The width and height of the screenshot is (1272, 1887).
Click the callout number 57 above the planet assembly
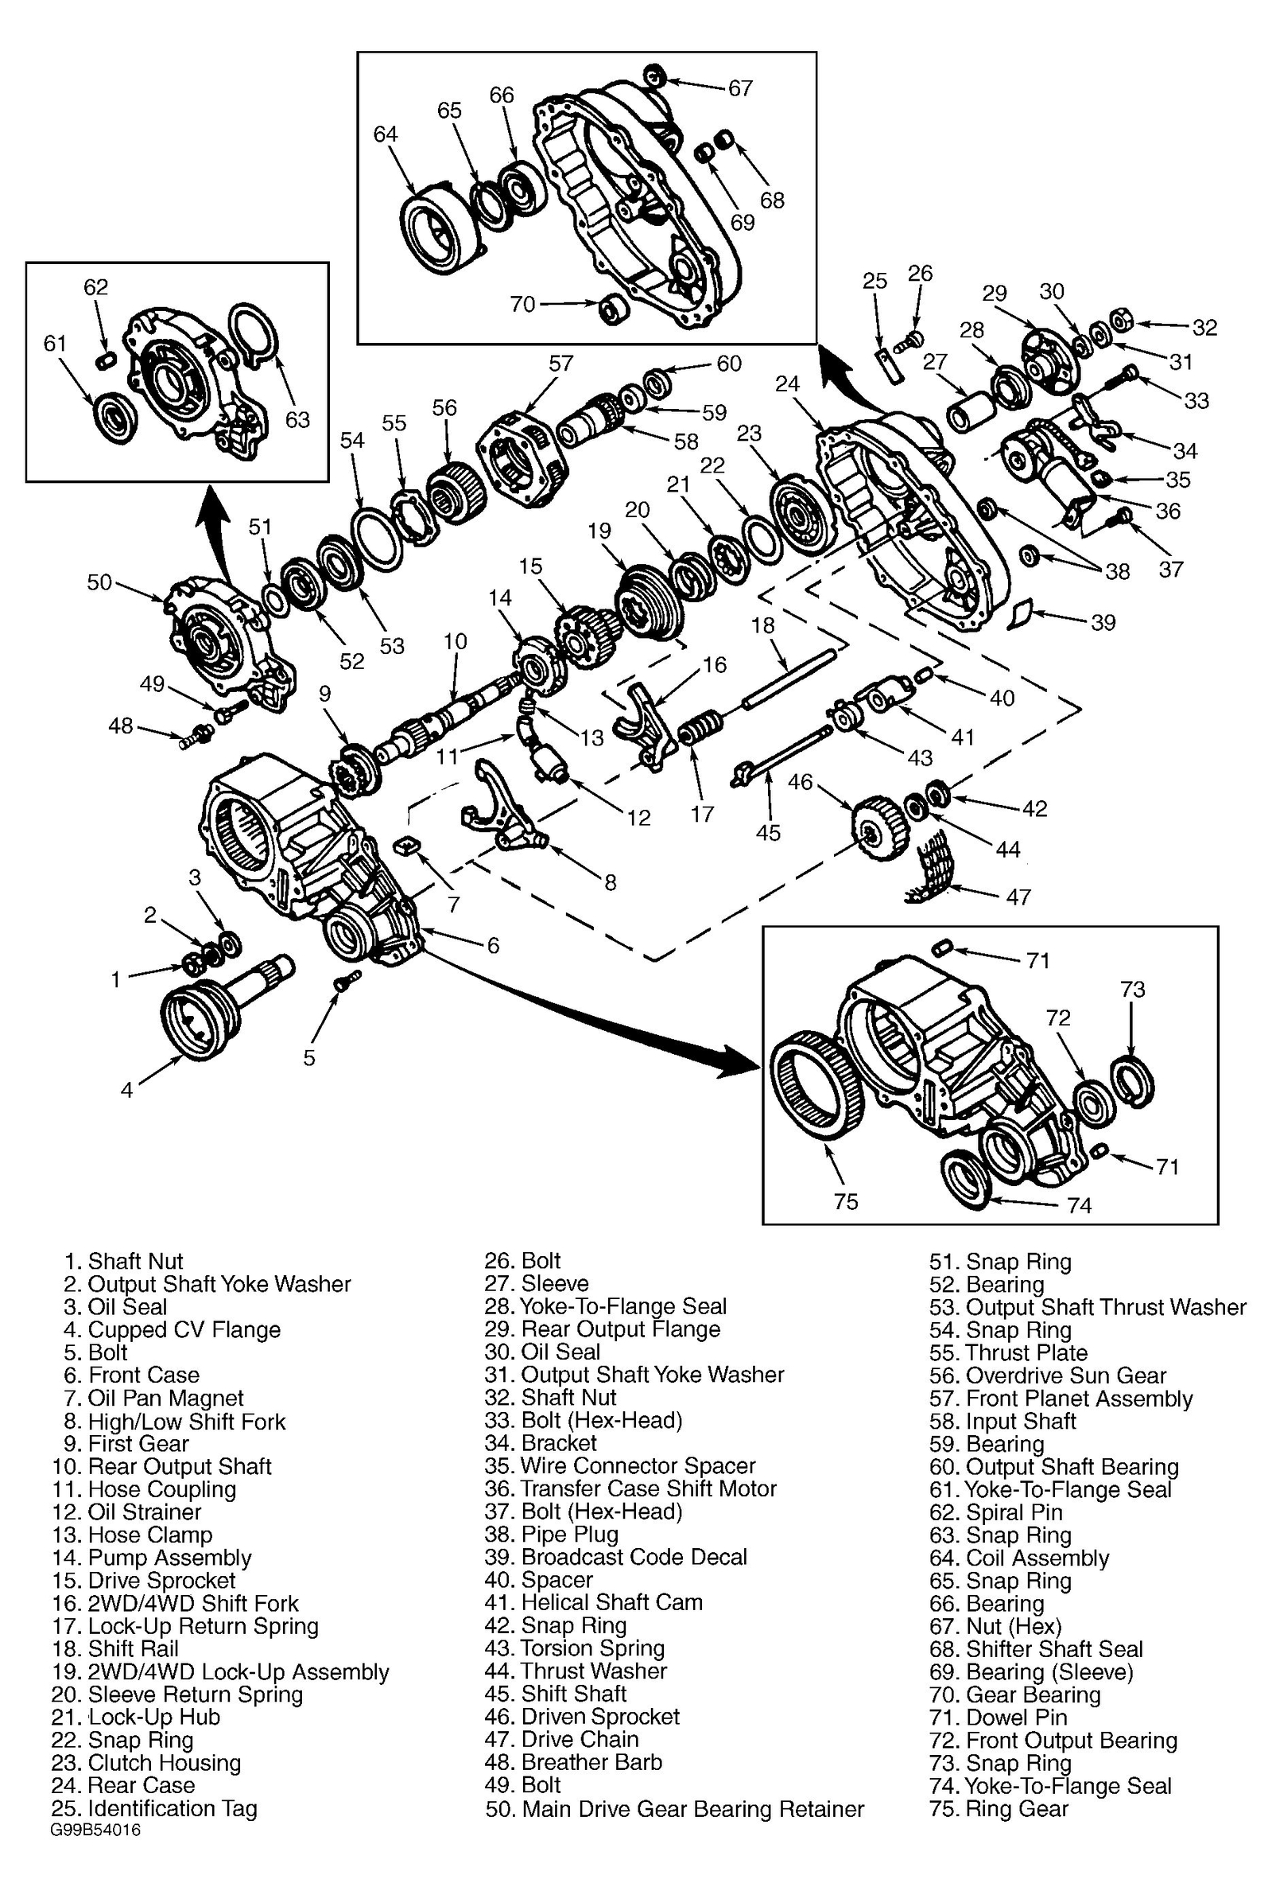[x=560, y=363]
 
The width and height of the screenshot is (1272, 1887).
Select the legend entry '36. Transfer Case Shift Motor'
[x=647, y=1488]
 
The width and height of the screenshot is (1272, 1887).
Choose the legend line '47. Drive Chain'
[x=580, y=1738]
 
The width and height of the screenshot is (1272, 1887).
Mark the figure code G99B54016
[x=95, y=1831]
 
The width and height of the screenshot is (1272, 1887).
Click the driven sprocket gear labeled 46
[x=878, y=827]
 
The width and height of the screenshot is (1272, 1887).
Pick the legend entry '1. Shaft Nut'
[x=123, y=1260]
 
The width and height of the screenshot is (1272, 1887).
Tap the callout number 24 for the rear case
[x=787, y=384]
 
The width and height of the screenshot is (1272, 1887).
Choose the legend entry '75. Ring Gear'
[x=999, y=1808]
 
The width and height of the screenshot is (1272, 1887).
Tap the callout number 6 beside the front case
[x=493, y=945]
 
